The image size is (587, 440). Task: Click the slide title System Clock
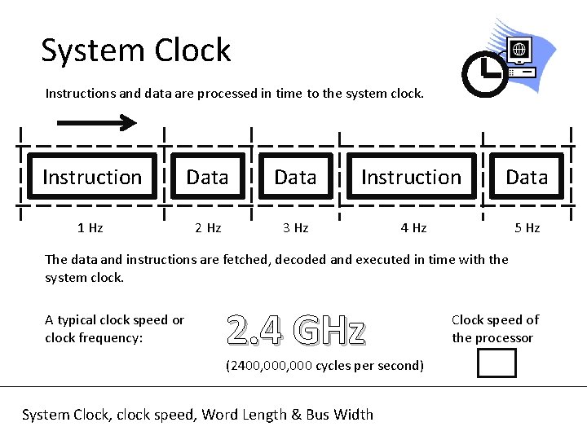136,51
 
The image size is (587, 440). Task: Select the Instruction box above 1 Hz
92,177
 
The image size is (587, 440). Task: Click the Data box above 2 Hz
207,177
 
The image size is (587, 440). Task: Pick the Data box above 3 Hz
295,177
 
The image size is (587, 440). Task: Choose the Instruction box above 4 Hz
411,177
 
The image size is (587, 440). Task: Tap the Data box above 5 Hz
527,177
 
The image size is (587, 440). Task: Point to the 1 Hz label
90,228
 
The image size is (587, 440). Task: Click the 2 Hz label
208,228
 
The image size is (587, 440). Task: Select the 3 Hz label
295,228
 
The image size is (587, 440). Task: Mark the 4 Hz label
413,228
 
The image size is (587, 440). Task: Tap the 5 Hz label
527,228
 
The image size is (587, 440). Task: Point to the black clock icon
484,74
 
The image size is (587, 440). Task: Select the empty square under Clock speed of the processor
497,363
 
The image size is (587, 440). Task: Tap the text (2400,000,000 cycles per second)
324,365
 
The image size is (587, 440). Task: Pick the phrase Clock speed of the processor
495,328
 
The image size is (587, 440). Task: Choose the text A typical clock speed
114,320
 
